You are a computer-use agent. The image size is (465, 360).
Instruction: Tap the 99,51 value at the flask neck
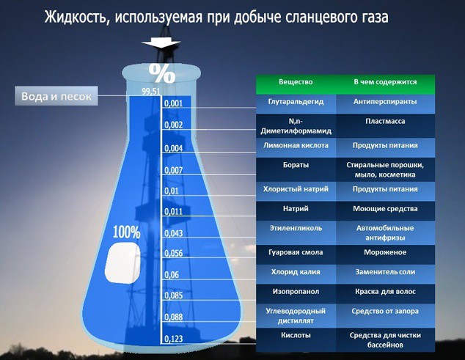(150, 92)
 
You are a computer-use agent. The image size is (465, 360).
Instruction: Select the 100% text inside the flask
(126, 232)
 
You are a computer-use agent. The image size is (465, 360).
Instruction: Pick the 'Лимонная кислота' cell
(296, 145)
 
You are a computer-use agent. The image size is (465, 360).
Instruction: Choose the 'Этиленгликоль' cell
(296, 228)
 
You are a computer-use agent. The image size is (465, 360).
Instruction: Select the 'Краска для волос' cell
(386, 290)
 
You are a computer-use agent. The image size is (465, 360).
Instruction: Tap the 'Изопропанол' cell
(296, 290)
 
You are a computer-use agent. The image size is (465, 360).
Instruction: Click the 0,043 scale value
(175, 233)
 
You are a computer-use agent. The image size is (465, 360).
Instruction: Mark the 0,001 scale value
(175, 104)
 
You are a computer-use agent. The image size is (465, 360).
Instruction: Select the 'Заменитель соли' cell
(386, 271)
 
